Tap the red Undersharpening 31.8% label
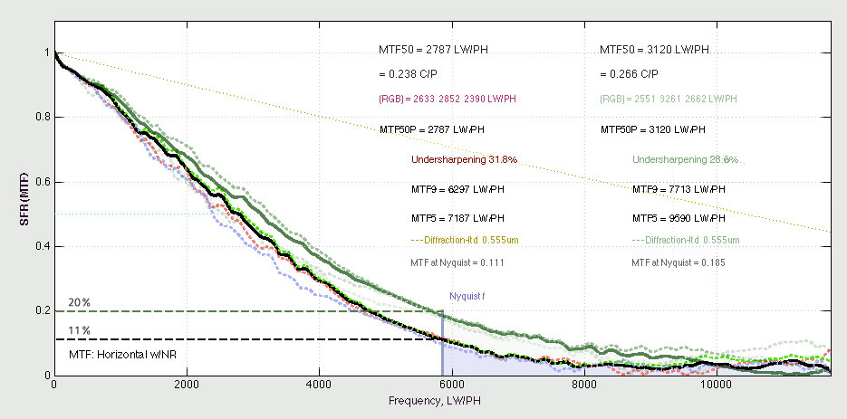point(464,159)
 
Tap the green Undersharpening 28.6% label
point(685,159)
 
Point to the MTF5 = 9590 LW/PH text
point(679,218)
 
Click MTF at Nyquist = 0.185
point(679,262)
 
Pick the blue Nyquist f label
point(467,296)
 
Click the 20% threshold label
point(79,302)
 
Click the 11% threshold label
point(79,329)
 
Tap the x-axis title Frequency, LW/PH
point(443,400)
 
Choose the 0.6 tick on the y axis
point(38,182)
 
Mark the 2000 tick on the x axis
point(187,386)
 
